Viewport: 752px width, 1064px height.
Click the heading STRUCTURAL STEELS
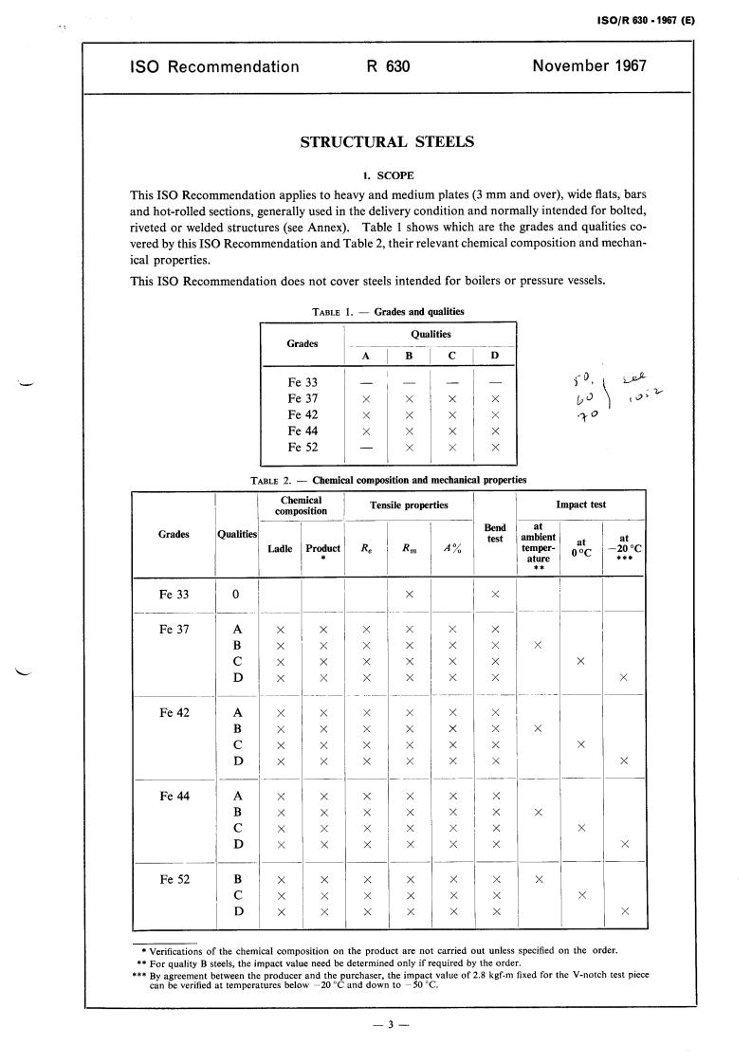point(387,142)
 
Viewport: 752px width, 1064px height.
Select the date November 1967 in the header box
point(589,66)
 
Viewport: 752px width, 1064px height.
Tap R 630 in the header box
point(387,66)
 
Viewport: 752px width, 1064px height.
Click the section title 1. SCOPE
point(387,175)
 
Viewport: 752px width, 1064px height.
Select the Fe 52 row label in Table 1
point(303,448)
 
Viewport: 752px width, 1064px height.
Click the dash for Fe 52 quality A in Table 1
point(366,448)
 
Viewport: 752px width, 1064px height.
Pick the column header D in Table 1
point(494,356)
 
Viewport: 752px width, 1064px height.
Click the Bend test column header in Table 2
point(495,533)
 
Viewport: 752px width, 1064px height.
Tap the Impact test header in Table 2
point(581,505)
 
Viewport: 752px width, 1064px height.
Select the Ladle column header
point(280,549)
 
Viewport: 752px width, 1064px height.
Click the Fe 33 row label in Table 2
point(174,595)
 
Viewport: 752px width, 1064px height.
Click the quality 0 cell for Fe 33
point(237,595)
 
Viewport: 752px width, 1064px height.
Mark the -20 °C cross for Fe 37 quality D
point(623,677)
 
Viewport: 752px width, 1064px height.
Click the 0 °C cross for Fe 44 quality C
point(580,827)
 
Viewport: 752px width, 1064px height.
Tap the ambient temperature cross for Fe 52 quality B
point(538,879)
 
